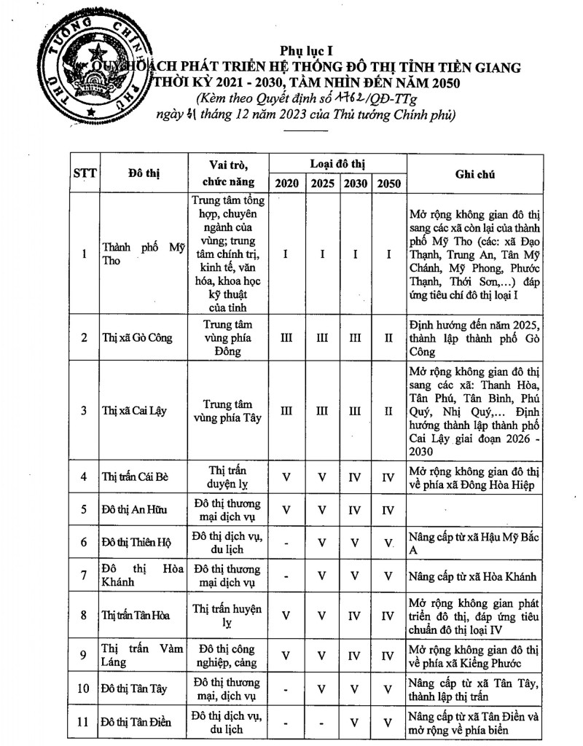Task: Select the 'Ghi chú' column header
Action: pos(475,173)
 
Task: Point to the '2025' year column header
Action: pos(322,183)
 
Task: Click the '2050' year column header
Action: pos(389,183)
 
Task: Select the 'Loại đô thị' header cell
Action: pos(337,162)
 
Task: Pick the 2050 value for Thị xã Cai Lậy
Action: pos(389,410)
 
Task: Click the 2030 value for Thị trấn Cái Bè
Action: pos(355,477)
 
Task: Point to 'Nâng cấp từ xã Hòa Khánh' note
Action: pos(473,576)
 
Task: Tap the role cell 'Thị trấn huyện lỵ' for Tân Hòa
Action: pos(227,615)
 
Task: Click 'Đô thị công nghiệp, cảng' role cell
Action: pos(227,655)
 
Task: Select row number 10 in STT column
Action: pos(85,688)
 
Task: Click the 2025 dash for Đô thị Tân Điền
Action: pos(322,722)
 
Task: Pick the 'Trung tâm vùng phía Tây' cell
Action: pos(227,410)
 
